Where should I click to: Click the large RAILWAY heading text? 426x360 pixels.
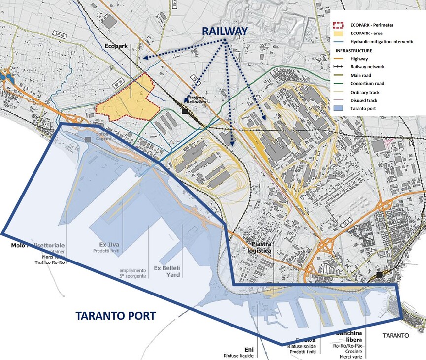pyautogui.click(x=226, y=31)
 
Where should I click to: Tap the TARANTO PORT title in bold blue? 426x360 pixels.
pyautogui.click(x=115, y=316)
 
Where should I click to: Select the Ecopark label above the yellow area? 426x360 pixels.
pyautogui.click(x=116, y=46)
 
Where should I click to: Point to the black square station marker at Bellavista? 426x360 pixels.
pyautogui.click(x=184, y=111)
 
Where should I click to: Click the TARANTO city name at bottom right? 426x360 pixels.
pyautogui.click(x=396, y=336)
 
